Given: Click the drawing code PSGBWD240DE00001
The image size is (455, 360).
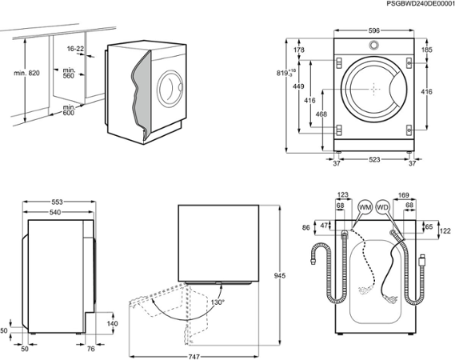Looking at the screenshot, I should coord(413,5).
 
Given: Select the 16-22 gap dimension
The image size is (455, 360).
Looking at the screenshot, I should coord(76,49).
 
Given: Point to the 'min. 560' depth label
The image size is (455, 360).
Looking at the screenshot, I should coord(69,75).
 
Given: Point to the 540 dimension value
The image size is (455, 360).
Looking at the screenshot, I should coord(55,213).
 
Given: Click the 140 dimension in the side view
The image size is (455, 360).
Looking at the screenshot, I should coord(112,323).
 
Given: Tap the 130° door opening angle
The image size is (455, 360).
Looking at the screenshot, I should coord(218,302).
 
